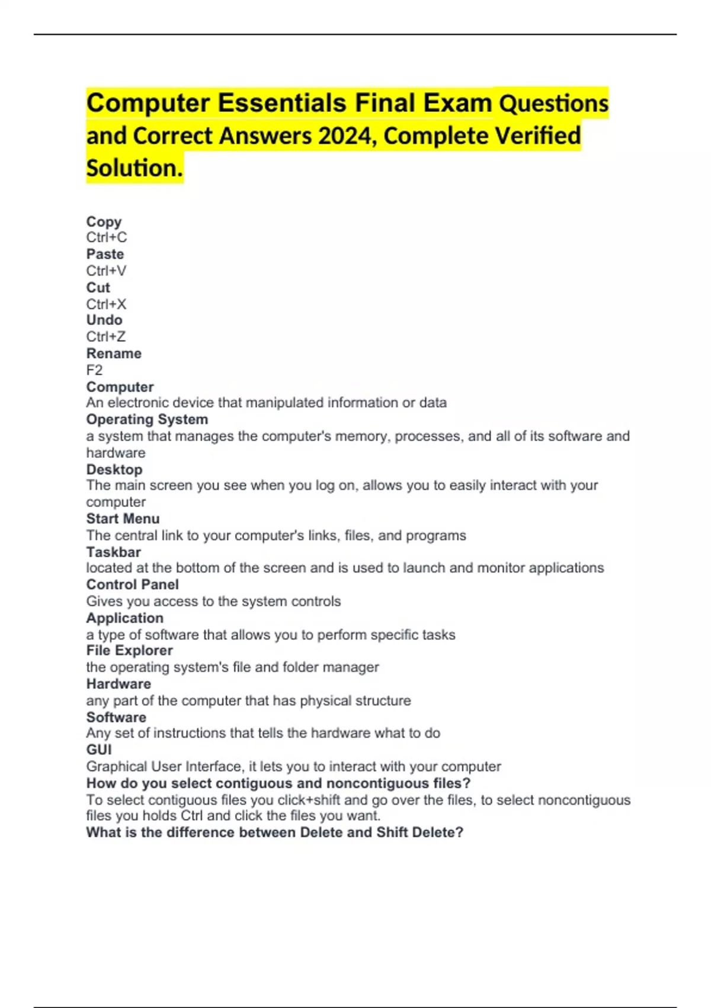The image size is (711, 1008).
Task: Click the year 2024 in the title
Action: coord(345,136)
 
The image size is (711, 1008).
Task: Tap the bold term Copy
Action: coord(104,222)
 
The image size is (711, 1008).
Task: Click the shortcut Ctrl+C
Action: coord(107,238)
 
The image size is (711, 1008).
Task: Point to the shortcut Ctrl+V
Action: coord(106,271)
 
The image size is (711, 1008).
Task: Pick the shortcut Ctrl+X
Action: coord(106,304)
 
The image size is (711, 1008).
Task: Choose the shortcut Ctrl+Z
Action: coord(106,337)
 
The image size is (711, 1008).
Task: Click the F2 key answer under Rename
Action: coord(94,371)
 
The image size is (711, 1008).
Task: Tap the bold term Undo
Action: coord(104,320)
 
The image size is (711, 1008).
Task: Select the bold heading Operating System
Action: coord(147,420)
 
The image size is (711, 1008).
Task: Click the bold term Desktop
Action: coord(114,470)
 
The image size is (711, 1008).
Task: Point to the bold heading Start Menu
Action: coord(123,519)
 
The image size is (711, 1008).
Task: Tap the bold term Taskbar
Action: coord(113,552)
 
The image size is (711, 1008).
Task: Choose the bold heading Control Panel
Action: coord(132,585)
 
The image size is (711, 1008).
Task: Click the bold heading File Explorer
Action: coord(129,650)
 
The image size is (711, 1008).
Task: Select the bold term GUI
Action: coord(99,750)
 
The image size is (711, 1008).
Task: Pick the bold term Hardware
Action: coord(118,684)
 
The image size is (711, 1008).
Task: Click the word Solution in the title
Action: coord(134,168)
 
